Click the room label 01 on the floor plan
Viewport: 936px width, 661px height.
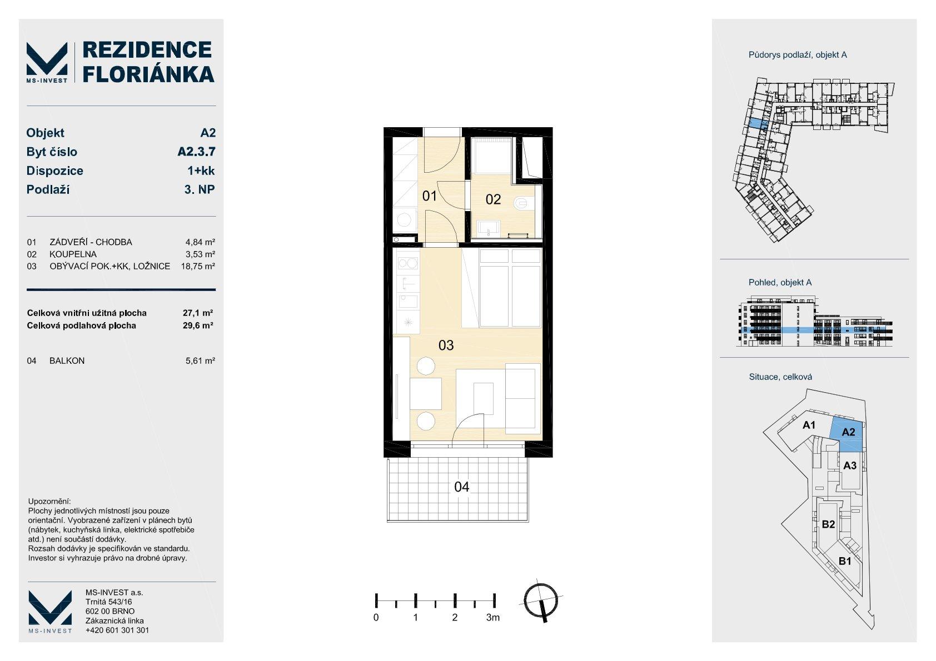coord(429,196)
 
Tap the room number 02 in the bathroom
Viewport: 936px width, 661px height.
coord(493,199)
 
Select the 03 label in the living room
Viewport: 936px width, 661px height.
coord(446,345)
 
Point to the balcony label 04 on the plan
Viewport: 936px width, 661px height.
coord(461,487)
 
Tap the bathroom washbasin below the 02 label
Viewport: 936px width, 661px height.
coord(489,228)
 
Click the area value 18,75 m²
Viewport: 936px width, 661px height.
coord(198,267)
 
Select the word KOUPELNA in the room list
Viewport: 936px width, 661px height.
coord(73,254)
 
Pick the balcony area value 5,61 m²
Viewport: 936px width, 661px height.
coord(200,361)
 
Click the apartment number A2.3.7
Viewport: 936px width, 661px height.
coord(196,152)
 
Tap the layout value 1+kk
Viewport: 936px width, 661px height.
coord(201,171)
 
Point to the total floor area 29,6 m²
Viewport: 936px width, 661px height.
coord(198,326)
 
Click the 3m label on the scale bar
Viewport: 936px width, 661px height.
coord(493,618)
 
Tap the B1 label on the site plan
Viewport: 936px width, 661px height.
coord(845,561)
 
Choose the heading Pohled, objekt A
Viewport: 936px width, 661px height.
coord(780,283)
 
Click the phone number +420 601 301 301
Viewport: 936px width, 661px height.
coord(117,630)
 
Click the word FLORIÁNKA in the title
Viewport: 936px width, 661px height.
coord(148,74)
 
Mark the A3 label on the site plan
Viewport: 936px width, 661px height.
coord(849,465)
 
